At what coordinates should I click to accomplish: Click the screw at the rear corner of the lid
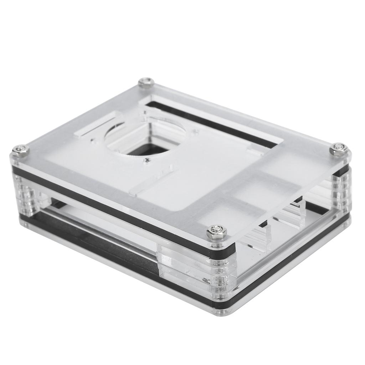point(146,82)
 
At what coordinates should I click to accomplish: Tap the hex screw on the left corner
point(20,150)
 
